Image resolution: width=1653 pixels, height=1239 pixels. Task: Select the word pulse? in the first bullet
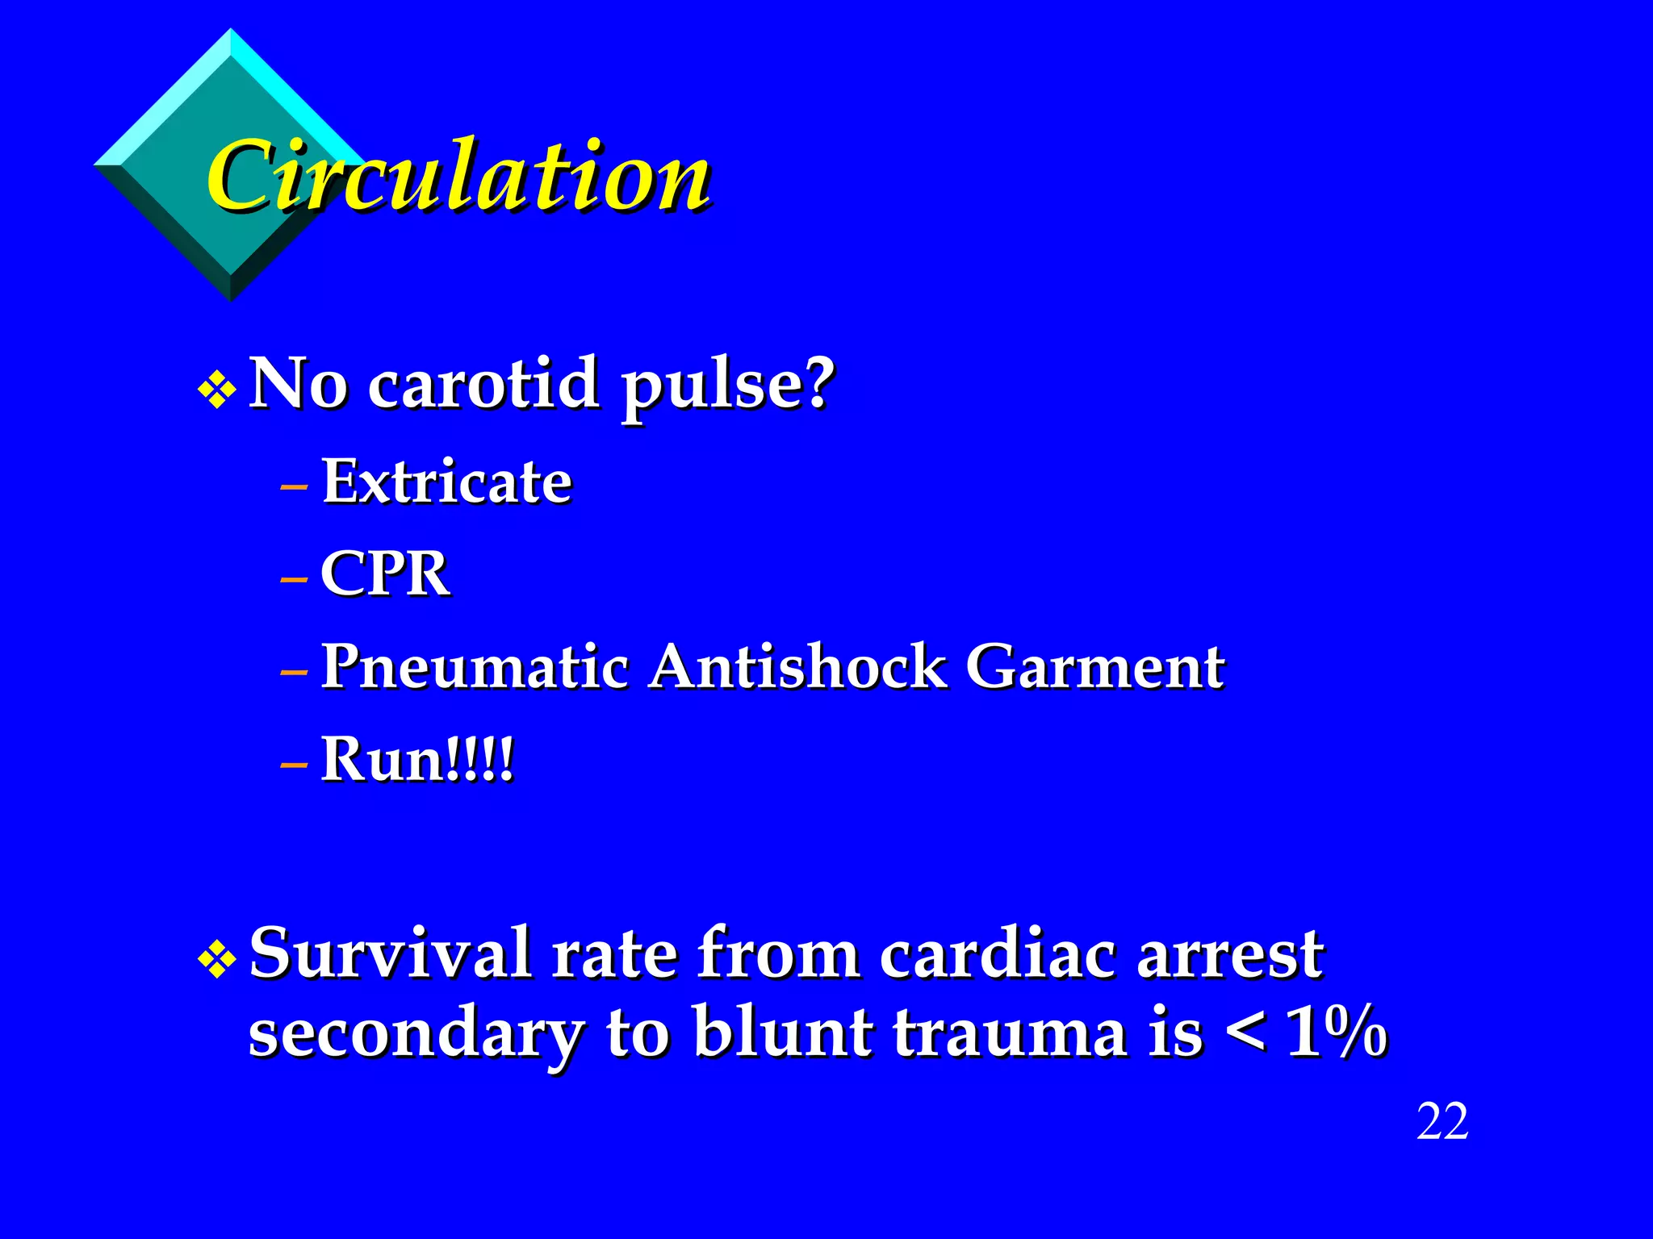(x=726, y=386)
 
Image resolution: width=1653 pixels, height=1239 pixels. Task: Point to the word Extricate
(x=446, y=482)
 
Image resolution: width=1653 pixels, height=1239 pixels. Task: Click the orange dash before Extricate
(x=294, y=487)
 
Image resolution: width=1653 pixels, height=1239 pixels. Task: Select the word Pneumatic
(x=475, y=668)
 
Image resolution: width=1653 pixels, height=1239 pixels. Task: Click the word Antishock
(x=797, y=668)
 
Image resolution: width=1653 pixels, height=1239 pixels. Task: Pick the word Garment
(x=1094, y=668)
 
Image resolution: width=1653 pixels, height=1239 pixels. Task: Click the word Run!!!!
(x=416, y=760)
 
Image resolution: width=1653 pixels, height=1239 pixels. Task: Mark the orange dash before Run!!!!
(x=294, y=765)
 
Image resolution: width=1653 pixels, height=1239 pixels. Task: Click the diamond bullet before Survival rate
(x=216, y=960)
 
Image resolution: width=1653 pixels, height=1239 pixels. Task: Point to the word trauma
(x=1010, y=1033)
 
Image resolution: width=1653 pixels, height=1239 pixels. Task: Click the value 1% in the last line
(x=1337, y=1033)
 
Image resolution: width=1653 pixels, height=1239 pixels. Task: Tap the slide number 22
(x=1442, y=1122)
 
